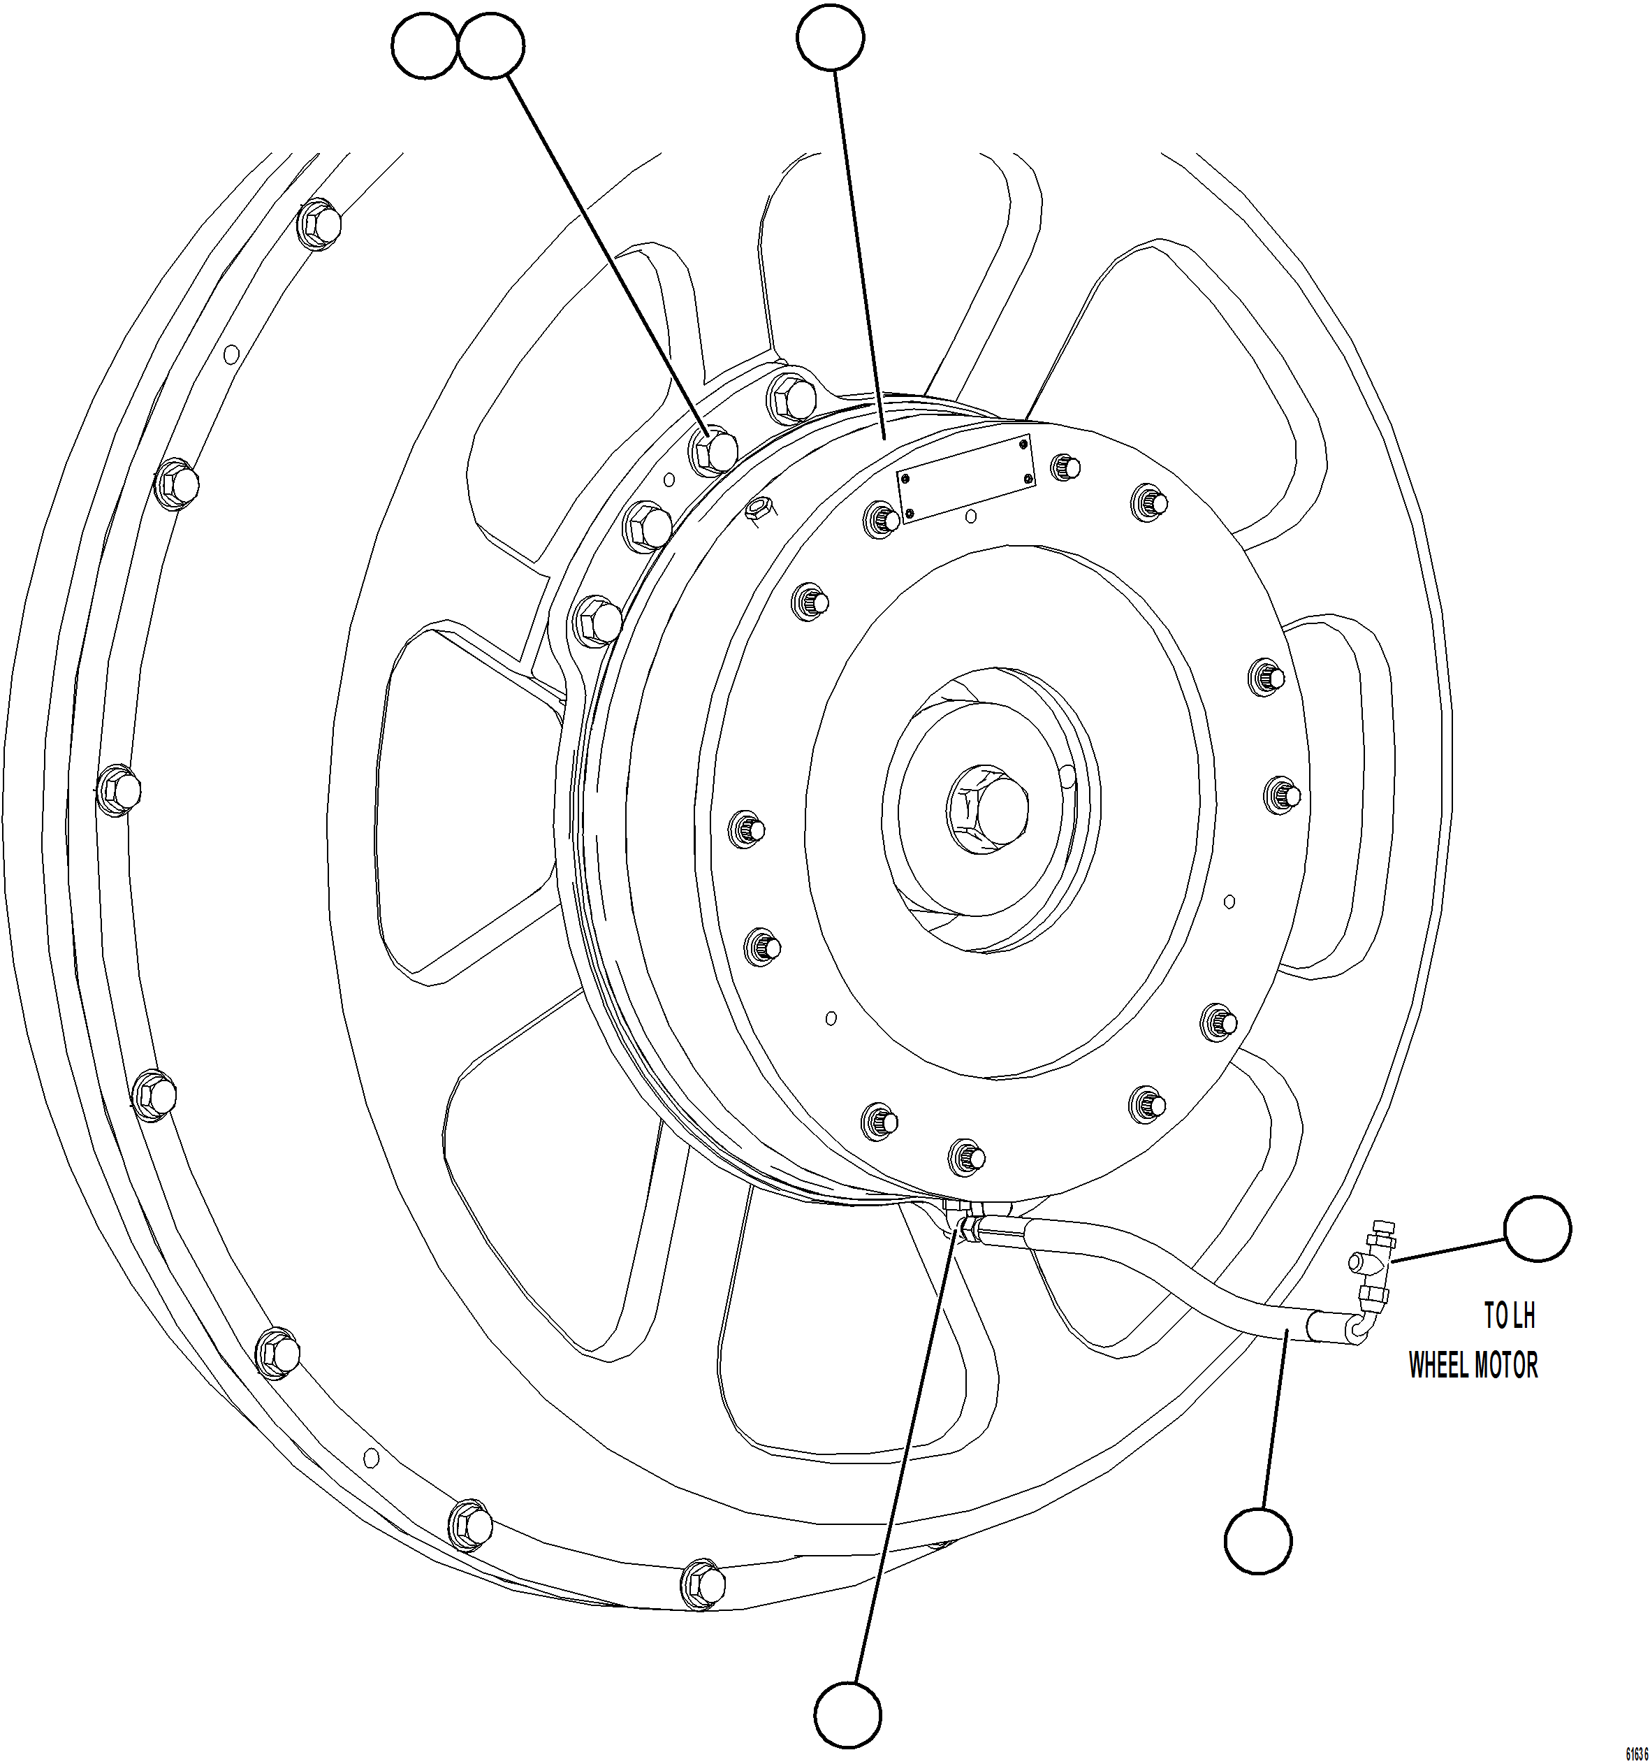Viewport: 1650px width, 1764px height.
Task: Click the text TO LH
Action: point(1509,1316)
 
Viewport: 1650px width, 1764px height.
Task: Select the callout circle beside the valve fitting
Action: point(1538,1228)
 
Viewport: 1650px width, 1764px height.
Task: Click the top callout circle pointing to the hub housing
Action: point(831,37)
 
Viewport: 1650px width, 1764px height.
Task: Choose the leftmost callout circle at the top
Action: point(425,46)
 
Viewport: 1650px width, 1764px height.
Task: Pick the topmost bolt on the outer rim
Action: point(319,224)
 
